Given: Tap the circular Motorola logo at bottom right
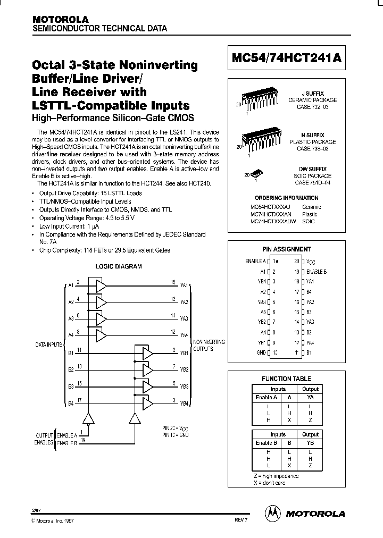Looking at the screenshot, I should tap(272, 513).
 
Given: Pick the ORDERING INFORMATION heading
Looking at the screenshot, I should tap(287, 198).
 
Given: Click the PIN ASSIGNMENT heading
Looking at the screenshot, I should tap(286, 249).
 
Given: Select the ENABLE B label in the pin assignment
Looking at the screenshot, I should tap(317, 271).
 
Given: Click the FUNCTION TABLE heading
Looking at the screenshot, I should tap(287, 379).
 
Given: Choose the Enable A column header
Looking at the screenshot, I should tap(266, 397).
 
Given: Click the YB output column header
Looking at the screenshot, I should tap(311, 443).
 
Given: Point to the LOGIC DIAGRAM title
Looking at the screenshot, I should tap(118, 266).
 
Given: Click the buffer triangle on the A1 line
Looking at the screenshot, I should tap(100, 285).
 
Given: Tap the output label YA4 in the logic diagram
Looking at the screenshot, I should tap(184, 335).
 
